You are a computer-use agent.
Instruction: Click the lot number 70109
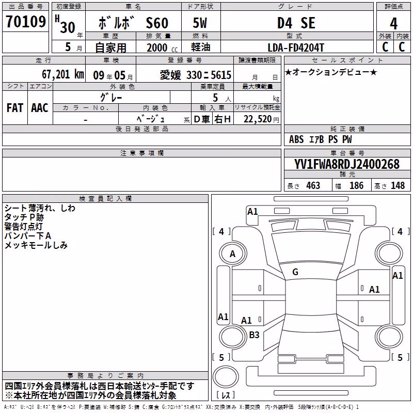click(x=26, y=22)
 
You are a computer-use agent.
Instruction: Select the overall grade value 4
click(x=393, y=24)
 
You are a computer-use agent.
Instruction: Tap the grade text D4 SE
click(x=296, y=23)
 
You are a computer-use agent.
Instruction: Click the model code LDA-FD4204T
click(x=296, y=47)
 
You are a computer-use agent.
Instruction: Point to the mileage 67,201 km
click(x=62, y=74)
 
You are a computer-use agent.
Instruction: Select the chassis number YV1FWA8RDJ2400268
click(x=347, y=164)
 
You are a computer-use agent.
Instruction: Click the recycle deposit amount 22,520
click(x=257, y=119)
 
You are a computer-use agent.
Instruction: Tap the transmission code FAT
click(x=15, y=108)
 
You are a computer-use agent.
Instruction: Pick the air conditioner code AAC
click(x=40, y=108)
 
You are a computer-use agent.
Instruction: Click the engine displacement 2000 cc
click(x=162, y=47)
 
